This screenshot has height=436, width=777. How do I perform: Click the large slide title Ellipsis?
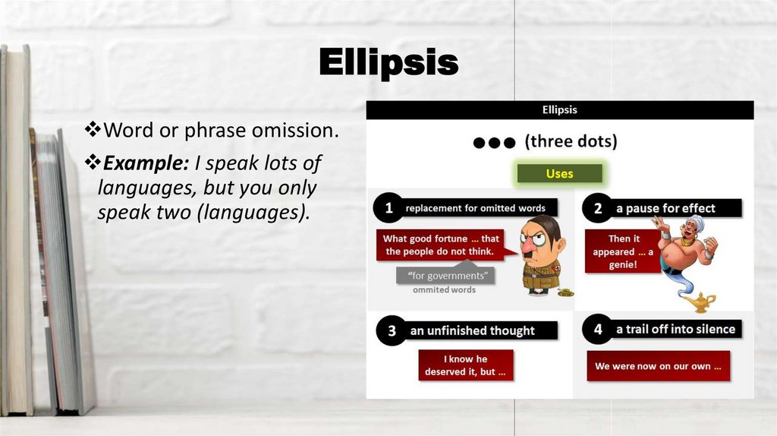pyautogui.click(x=388, y=62)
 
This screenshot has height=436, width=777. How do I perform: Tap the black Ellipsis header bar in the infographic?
pyautogui.click(x=560, y=110)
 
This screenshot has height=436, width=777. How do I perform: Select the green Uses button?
pyautogui.click(x=560, y=174)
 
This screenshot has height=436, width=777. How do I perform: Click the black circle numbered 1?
pyautogui.click(x=389, y=207)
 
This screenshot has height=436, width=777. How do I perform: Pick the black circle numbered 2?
pyautogui.click(x=598, y=207)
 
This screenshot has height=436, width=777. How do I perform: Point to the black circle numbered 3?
pyautogui.click(x=392, y=330)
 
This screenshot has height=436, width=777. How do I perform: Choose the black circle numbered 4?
pyautogui.click(x=598, y=329)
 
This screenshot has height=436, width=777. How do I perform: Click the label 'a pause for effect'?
pyautogui.click(x=671, y=208)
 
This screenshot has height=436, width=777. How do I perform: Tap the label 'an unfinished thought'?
pyautogui.click(x=473, y=330)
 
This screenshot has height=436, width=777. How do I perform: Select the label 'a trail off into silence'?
pyautogui.click(x=675, y=329)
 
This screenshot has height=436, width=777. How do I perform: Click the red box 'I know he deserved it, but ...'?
pyautogui.click(x=466, y=365)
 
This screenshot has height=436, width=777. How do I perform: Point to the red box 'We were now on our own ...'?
pyautogui.click(x=658, y=366)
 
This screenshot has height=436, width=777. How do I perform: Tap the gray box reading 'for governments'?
pyautogui.click(x=446, y=276)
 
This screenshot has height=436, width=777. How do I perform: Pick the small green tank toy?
pyautogui.click(x=565, y=290)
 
